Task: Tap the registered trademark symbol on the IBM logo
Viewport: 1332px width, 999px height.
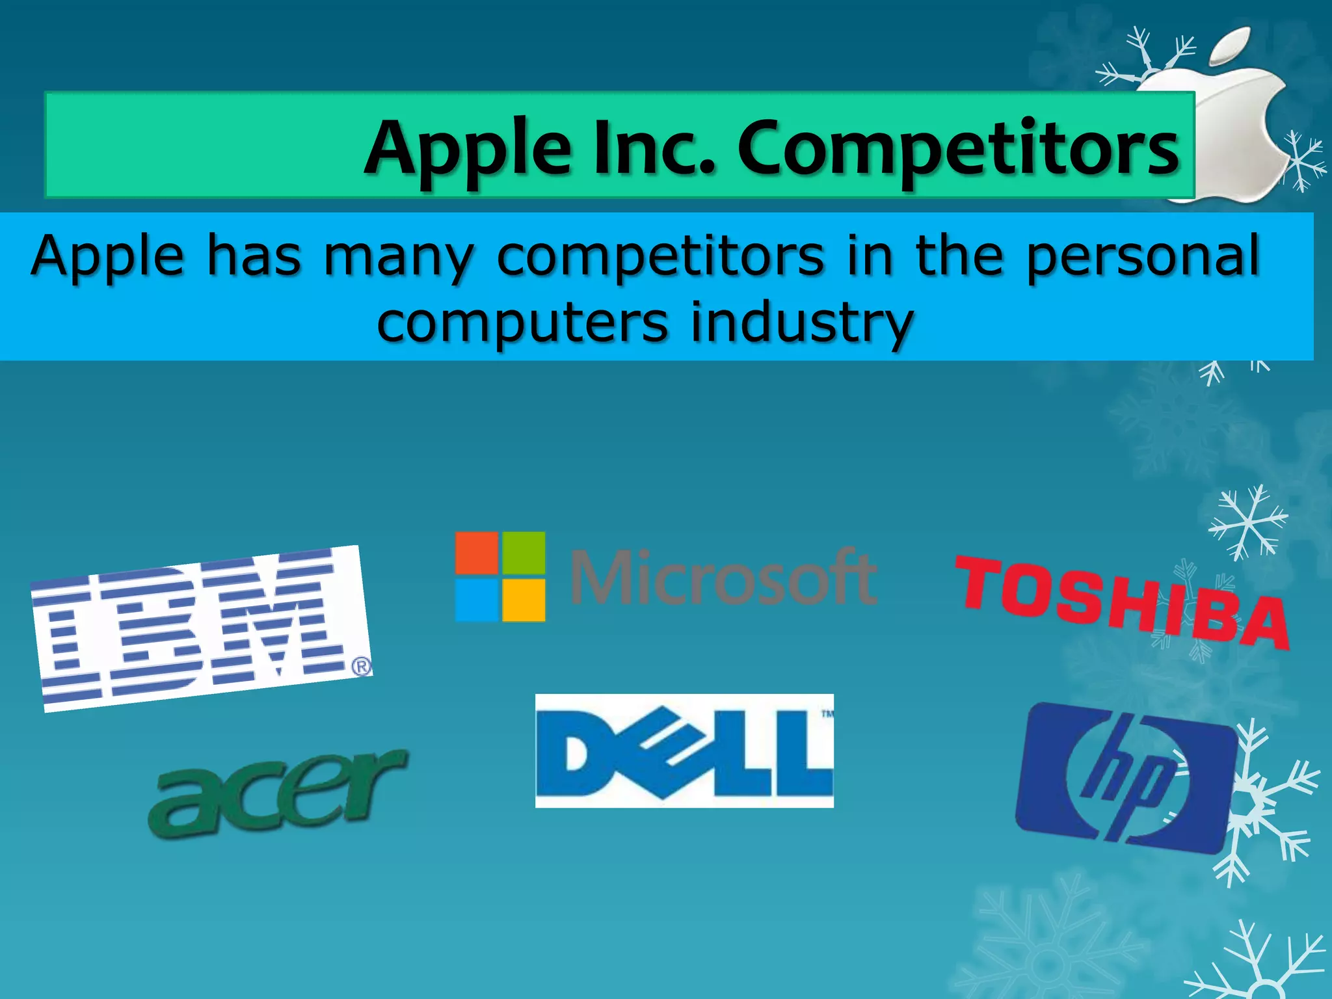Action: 362,667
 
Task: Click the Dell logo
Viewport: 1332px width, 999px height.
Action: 684,751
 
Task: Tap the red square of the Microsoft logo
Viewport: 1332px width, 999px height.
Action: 477,553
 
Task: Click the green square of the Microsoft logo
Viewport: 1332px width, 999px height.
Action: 524,553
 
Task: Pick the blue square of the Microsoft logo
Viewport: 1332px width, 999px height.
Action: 477,600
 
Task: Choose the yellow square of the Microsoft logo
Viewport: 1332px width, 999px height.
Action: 524,600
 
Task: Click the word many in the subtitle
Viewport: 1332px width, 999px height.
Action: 399,258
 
